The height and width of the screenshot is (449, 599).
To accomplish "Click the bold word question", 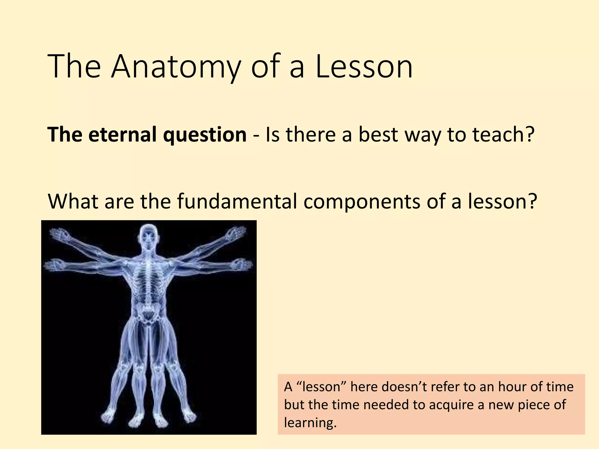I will coord(205,135).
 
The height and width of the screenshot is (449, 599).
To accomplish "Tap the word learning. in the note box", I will coord(310,423).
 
